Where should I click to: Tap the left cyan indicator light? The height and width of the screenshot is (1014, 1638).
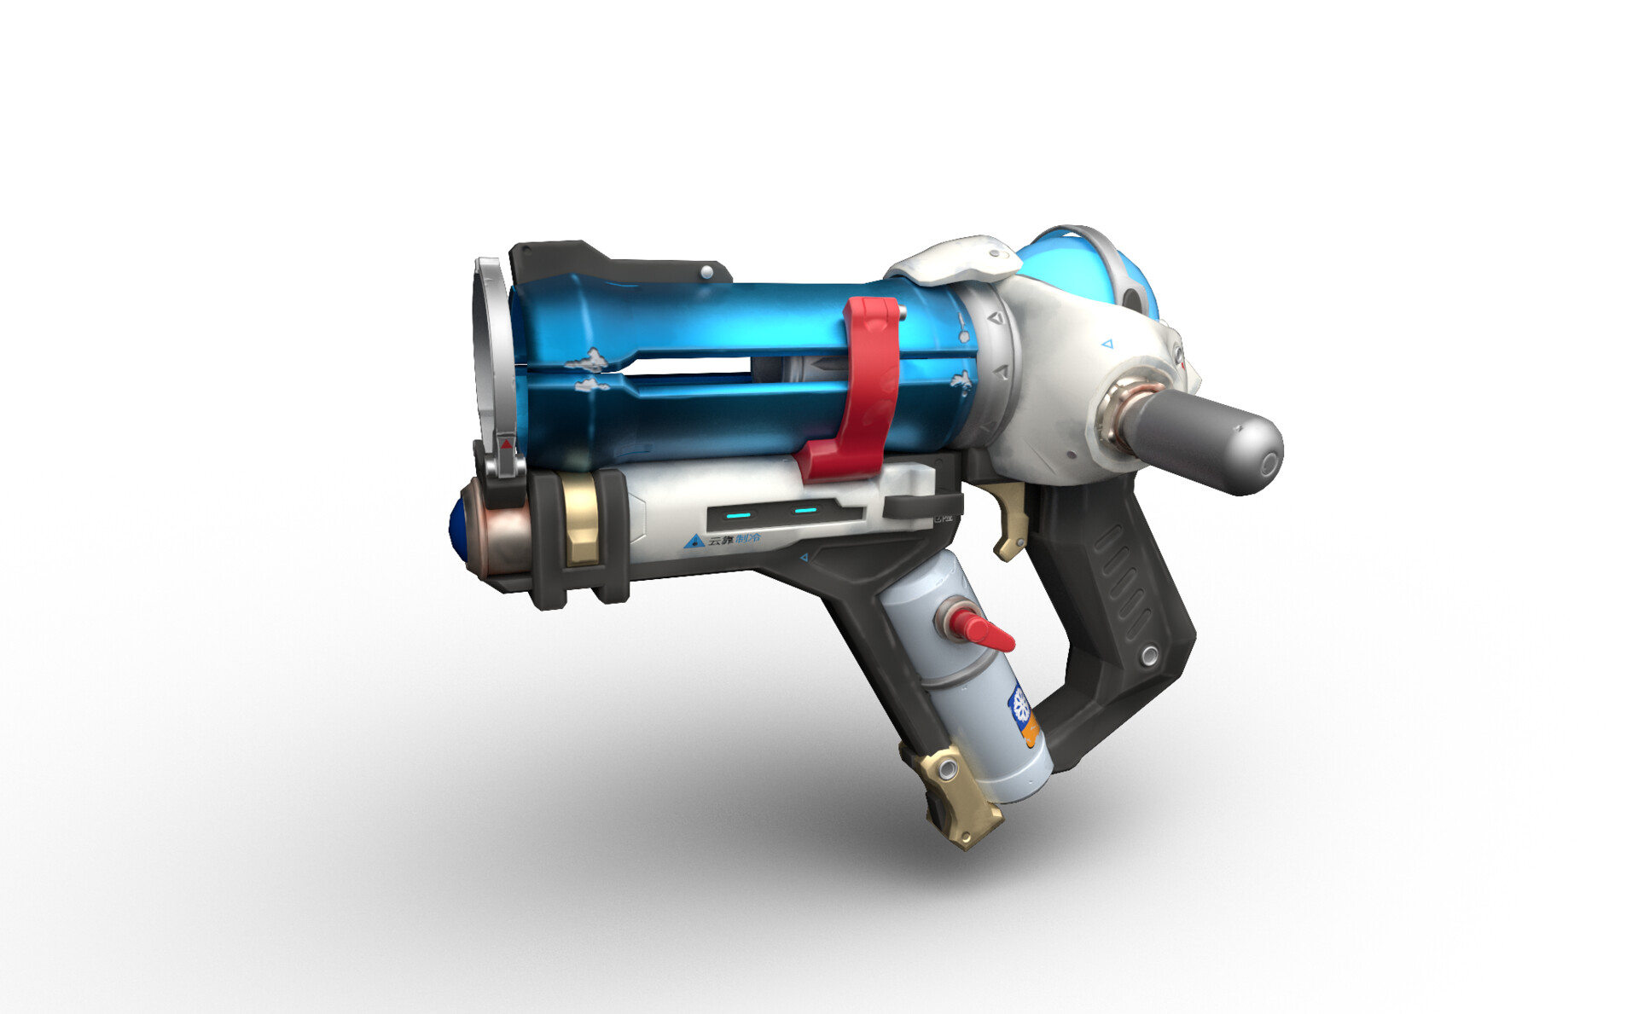[x=738, y=515]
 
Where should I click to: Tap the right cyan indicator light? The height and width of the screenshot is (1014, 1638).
[x=804, y=511]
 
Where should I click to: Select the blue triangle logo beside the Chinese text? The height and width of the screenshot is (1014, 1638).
[x=694, y=541]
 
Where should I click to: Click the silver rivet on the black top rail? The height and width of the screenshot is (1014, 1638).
[x=706, y=272]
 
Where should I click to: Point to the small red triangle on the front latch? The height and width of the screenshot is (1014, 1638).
[x=507, y=444]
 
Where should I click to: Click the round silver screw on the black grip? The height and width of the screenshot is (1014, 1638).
[x=1150, y=655]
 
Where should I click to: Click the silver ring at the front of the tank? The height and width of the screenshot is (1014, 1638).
[x=490, y=350]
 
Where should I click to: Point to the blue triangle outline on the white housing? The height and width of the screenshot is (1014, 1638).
[x=1107, y=345]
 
